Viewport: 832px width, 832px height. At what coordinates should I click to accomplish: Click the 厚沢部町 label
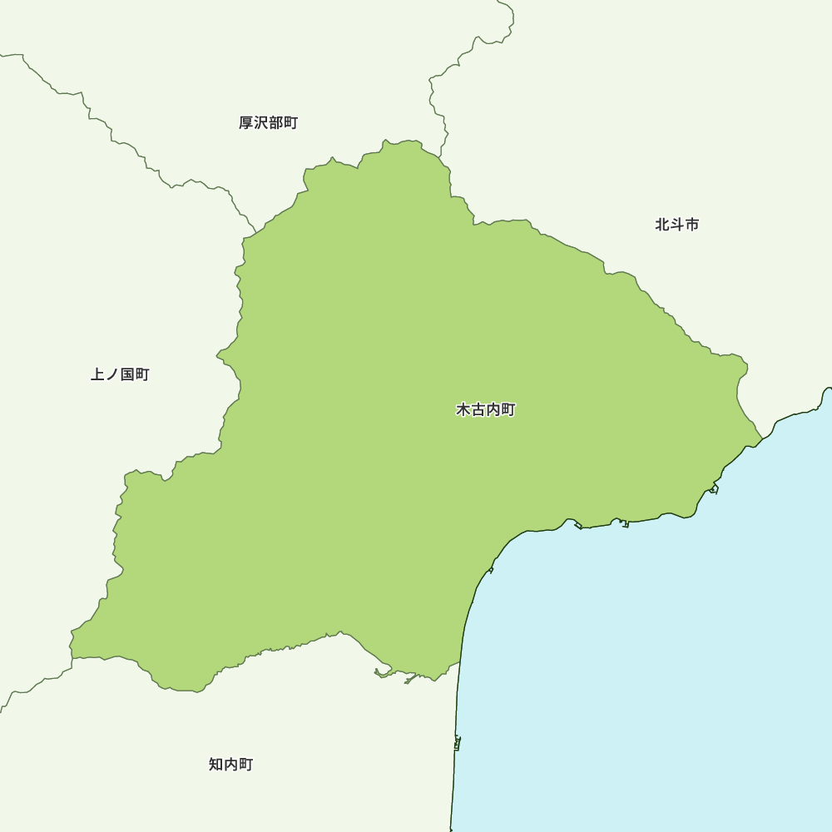268,123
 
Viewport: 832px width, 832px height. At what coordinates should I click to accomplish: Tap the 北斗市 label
676,225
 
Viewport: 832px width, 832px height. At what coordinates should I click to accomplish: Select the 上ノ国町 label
120,374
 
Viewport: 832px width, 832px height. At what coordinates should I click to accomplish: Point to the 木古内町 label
486,410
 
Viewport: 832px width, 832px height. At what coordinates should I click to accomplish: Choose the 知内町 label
230,765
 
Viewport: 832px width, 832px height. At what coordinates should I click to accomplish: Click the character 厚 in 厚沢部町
246,123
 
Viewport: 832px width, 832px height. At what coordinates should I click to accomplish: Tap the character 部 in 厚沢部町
275,123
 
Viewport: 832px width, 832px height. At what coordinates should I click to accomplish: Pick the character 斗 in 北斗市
676,225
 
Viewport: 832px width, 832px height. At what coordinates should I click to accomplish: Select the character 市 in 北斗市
691,225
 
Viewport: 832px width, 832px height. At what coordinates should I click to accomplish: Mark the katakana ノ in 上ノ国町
112,374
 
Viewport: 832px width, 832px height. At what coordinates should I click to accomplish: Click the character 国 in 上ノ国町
127,374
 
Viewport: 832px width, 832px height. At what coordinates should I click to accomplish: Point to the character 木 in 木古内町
463,410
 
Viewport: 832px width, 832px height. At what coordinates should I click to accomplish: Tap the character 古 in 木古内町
478,410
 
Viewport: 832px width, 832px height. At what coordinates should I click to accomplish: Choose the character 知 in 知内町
215,765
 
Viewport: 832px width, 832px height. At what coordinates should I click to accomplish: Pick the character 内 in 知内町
230,765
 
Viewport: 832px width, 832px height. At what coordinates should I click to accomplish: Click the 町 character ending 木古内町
508,410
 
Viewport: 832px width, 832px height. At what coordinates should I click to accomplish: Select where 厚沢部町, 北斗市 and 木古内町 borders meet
440,156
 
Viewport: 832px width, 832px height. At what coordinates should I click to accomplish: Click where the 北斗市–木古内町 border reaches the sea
762,438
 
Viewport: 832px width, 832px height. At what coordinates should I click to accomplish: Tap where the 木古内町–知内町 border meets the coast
460,663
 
